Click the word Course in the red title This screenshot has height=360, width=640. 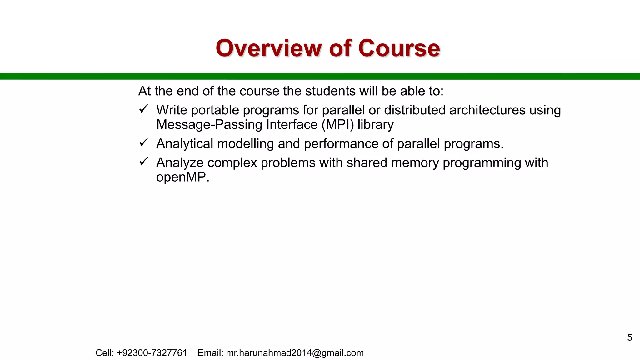[x=399, y=48]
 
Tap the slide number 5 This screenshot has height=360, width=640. [x=629, y=337]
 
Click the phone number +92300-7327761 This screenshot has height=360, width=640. [x=152, y=353]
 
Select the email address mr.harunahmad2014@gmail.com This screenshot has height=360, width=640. [x=295, y=353]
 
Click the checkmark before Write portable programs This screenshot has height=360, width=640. [x=143, y=109]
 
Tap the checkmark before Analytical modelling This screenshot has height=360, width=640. [x=143, y=143]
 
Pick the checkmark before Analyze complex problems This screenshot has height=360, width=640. [x=143, y=162]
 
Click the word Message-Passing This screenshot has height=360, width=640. [x=209, y=124]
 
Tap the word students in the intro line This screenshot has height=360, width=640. [x=330, y=91]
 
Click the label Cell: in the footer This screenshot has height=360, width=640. [x=105, y=353]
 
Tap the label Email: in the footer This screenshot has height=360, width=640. [x=210, y=353]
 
